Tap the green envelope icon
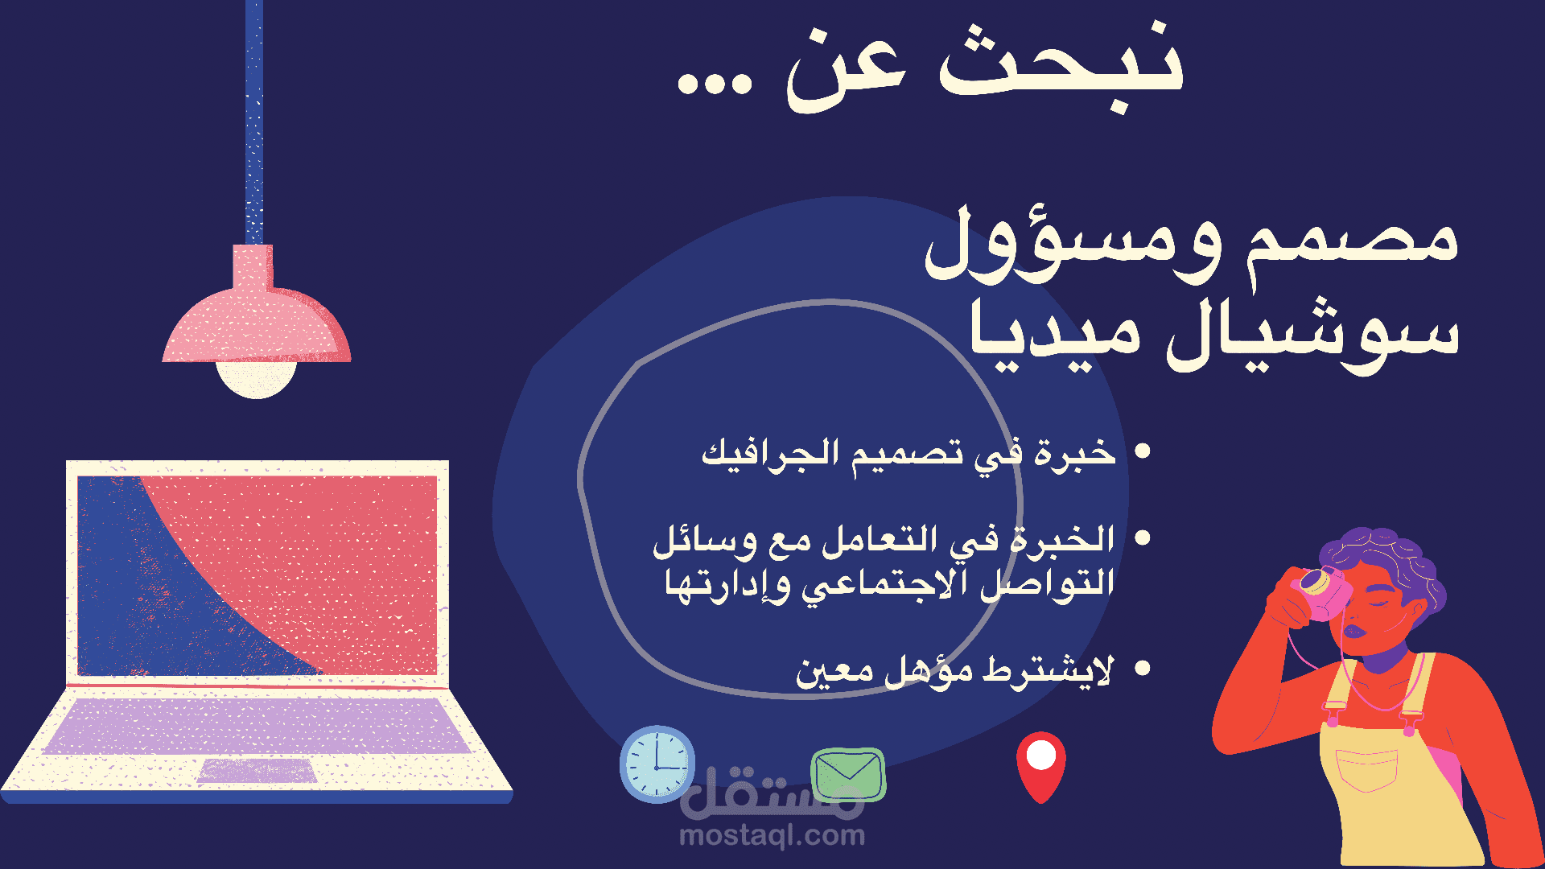click(848, 774)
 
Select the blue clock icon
click(657, 764)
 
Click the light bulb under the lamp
click(257, 380)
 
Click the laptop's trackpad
click(257, 770)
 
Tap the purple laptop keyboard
click(257, 725)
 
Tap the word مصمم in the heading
click(1352, 241)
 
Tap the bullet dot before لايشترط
click(1142, 668)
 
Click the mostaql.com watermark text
click(772, 836)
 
